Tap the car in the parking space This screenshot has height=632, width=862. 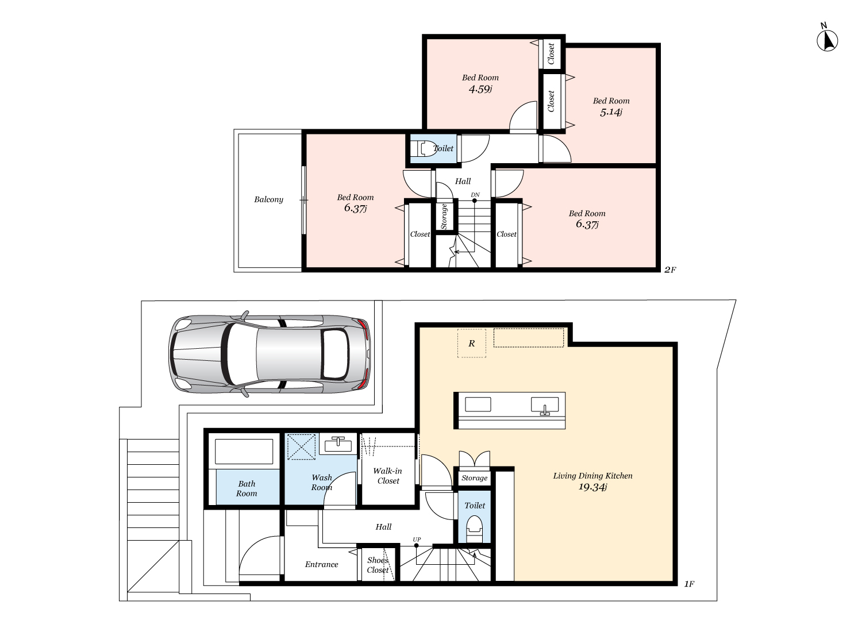pyautogui.click(x=270, y=354)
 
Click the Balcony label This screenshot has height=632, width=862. pyautogui.click(x=268, y=199)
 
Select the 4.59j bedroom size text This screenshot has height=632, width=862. pyautogui.click(x=480, y=90)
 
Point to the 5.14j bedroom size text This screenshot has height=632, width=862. pyautogui.click(x=611, y=112)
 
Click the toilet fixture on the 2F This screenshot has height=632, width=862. pyautogui.click(x=423, y=148)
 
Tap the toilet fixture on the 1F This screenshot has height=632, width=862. pyautogui.click(x=474, y=529)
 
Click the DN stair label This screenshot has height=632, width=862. pyautogui.click(x=475, y=195)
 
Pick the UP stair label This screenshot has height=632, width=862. pyautogui.click(x=417, y=539)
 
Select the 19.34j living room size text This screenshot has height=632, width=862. pyautogui.click(x=592, y=487)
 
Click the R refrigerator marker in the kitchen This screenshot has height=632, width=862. pyautogui.click(x=471, y=344)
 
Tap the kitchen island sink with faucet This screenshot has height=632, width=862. pyautogui.click(x=545, y=406)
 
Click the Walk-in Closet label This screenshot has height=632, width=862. pyautogui.click(x=388, y=476)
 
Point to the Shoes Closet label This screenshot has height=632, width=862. pyautogui.click(x=378, y=565)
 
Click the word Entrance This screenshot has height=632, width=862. pyautogui.click(x=321, y=564)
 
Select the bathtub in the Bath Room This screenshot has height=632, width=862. pyautogui.click(x=244, y=451)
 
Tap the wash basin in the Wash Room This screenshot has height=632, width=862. pyautogui.click(x=338, y=445)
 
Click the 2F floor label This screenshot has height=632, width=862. pyautogui.click(x=670, y=269)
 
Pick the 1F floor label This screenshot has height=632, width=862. pyautogui.click(x=689, y=584)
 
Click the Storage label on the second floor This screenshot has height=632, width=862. pyautogui.click(x=444, y=217)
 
